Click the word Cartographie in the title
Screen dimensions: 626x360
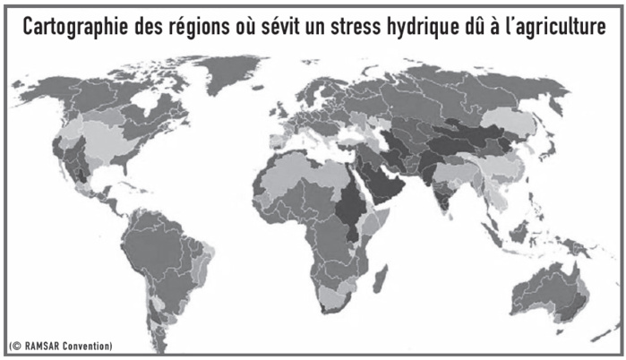[x=81, y=27]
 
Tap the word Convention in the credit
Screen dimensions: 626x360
[x=90, y=345]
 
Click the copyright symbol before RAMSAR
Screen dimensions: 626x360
[x=14, y=345]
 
